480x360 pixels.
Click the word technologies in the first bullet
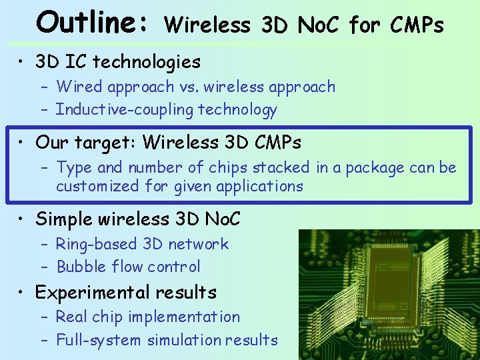(147, 62)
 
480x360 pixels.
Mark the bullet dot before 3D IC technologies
(22, 63)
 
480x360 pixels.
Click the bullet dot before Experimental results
(22, 293)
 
